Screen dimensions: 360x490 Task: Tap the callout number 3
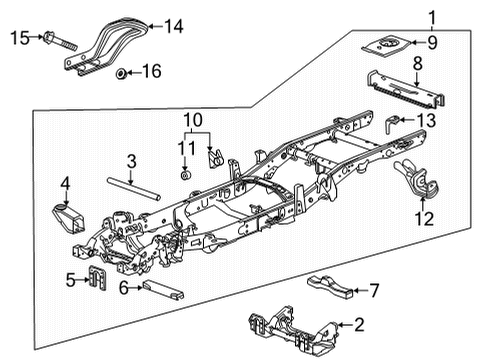coord(131,160)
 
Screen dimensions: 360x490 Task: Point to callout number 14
coord(175,28)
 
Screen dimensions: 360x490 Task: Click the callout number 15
coord(18,38)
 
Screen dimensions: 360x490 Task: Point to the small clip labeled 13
coord(396,123)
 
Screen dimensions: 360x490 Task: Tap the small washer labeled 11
coord(186,175)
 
